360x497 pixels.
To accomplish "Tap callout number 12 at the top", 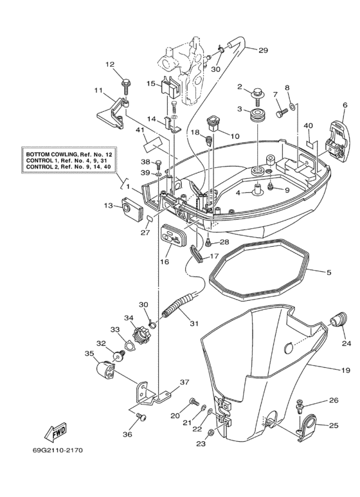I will [109, 64].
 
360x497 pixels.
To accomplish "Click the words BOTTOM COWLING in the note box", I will [54, 155].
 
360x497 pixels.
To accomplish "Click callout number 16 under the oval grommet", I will [164, 262].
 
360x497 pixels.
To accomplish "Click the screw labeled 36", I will [143, 417].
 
